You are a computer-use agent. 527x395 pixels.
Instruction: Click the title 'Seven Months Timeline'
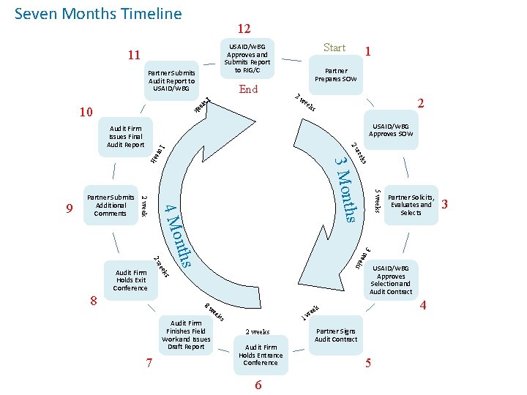98,13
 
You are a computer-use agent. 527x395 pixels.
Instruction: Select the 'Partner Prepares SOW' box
336,75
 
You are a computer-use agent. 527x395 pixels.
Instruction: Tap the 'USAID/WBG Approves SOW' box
391,130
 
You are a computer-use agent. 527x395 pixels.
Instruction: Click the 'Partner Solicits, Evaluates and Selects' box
411,205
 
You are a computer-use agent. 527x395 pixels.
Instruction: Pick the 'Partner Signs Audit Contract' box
336,335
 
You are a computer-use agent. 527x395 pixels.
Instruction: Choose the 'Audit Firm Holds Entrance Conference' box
261,355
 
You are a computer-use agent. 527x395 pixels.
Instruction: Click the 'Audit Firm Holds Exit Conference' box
130,279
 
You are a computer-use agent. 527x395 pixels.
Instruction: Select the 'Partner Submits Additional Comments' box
111,205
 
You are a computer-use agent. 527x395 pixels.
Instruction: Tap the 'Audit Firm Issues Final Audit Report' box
124,136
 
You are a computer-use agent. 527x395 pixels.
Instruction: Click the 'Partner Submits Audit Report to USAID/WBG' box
171,80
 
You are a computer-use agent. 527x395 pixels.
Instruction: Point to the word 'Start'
334,48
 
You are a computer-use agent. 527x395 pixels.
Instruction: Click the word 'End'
249,89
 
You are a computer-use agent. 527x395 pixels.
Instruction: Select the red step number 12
244,29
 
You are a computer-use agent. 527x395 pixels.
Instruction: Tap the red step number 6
258,385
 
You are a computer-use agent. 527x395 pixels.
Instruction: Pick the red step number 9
69,209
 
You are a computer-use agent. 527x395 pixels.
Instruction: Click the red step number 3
445,205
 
